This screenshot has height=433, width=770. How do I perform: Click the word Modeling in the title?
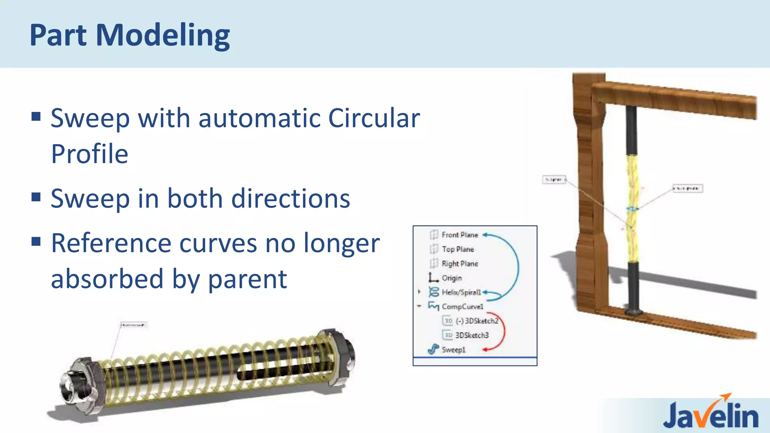(x=163, y=35)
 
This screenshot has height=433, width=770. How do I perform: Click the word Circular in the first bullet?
(x=374, y=118)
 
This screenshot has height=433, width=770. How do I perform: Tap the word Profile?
(x=89, y=154)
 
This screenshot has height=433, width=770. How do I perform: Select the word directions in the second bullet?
(x=290, y=199)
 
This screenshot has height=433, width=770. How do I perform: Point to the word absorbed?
(x=107, y=279)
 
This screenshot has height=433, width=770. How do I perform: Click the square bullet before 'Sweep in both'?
(x=36, y=197)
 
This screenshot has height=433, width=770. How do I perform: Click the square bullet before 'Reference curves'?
(x=36, y=241)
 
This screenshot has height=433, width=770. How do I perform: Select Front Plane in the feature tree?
(x=459, y=235)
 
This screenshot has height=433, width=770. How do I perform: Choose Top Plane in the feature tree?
(x=458, y=249)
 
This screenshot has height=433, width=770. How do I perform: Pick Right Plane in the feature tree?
(x=459, y=264)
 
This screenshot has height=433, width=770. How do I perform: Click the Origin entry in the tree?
(x=452, y=278)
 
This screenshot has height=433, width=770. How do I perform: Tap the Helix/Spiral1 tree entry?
(x=461, y=292)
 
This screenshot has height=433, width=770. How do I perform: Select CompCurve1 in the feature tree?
(x=462, y=307)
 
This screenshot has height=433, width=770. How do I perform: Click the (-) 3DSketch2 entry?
(x=476, y=321)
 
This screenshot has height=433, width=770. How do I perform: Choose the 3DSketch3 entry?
(x=472, y=335)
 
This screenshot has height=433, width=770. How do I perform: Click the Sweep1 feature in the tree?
(x=453, y=350)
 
